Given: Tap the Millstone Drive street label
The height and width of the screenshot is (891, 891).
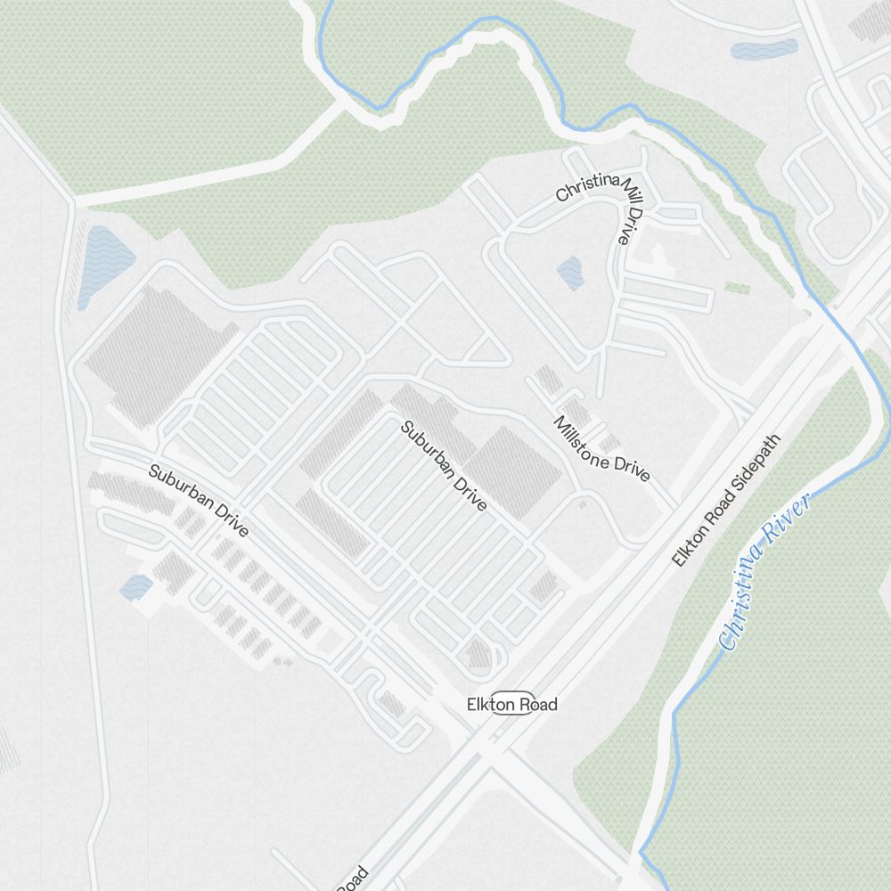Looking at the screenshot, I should [x=602, y=449].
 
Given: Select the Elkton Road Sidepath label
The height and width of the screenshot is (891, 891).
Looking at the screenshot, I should [x=726, y=501].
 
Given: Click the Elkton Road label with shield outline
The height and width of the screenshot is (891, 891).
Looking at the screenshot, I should [x=512, y=705].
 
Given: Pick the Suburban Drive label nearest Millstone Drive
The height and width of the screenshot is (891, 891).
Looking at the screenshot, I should [x=444, y=466].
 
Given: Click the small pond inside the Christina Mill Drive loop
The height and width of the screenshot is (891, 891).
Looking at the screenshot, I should [x=570, y=273].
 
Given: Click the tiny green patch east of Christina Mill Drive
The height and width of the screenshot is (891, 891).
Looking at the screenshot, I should [x=737, y=288].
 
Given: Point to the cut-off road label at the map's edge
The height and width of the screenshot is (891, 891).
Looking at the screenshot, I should [x=353, y=877].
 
